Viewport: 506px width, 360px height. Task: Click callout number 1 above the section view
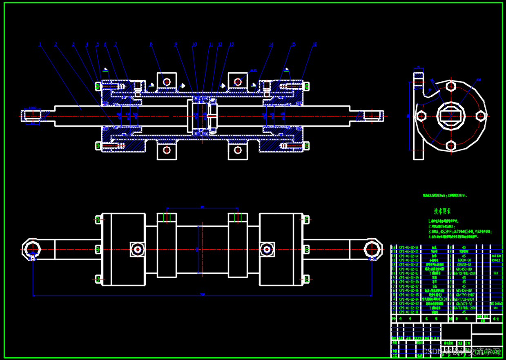point(40,44)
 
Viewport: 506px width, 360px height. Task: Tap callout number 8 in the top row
point(151,44)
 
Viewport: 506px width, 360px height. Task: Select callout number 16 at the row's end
point(314,44)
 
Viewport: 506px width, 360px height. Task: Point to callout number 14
point(271,44)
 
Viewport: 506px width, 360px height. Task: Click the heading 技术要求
point(442,211)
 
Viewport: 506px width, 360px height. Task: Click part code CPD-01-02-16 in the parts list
point(409,247)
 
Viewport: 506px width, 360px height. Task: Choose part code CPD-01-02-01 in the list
point(409,312)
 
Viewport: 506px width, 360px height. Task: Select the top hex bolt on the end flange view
point(450,87)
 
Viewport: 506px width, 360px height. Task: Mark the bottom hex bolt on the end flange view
point(450,145)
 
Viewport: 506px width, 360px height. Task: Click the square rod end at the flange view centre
point(451,116)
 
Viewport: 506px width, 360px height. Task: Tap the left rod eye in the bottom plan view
point(31,249)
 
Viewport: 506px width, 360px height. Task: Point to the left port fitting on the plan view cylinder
point(138,249)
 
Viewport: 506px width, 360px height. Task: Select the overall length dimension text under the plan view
point(202,294)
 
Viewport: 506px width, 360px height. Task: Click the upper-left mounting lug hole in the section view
point(166,82)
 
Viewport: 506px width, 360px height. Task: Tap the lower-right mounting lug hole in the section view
point(238,150)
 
